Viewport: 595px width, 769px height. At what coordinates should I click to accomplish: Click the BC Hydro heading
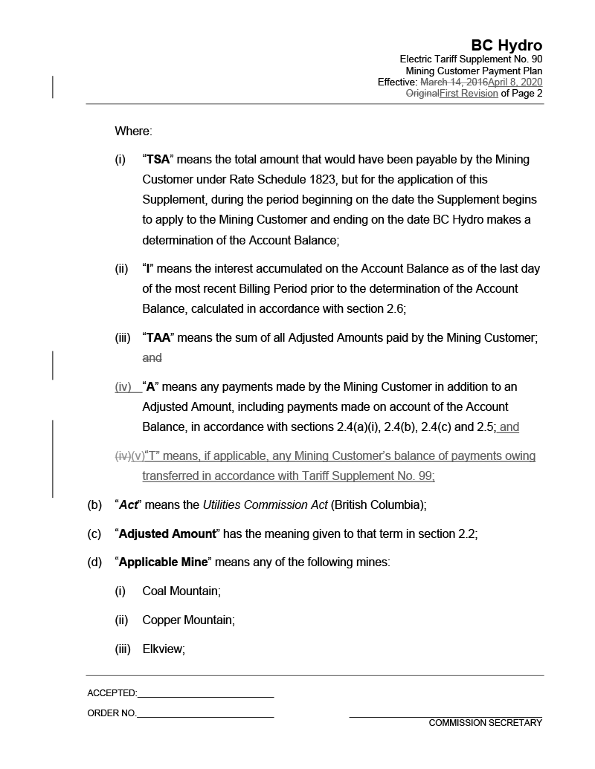click(506, 46)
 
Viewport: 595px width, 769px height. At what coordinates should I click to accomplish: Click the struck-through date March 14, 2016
click(454, 82)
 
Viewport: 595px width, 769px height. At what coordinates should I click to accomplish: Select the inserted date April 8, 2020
click(515, 82)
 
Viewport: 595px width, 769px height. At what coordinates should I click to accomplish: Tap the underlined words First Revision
click(469, 94)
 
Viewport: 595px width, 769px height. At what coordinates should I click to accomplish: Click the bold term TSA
click(158, 160)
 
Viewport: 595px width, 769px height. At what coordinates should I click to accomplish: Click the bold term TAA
click(158, 338)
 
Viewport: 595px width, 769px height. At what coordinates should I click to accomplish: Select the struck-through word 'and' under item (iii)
click(152, 358)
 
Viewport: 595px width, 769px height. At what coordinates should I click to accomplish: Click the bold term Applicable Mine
click(164, 562)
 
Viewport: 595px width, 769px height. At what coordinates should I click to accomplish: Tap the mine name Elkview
click(164, 649)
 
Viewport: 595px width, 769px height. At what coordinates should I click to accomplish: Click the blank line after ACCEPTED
click(205, 695)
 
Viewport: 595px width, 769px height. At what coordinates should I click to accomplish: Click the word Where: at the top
click(133, 132)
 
